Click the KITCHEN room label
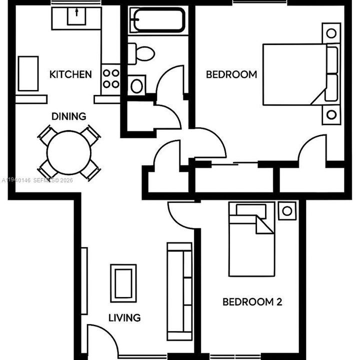point(70,74)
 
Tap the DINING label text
point(69,116)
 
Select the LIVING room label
point(125,317)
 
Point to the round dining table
point(69,152)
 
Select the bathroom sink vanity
point(136,85)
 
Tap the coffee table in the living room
point(123,283)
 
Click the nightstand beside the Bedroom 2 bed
point(287,210)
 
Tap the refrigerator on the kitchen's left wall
point(28,73)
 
